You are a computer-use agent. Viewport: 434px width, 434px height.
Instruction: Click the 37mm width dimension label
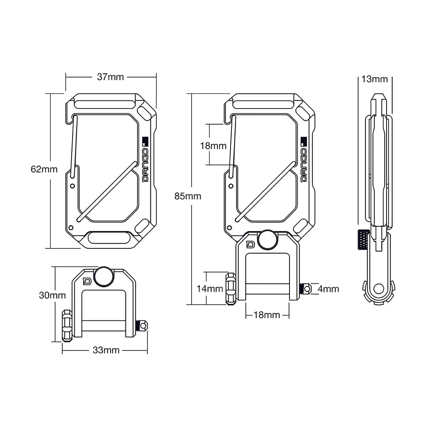[110, 77]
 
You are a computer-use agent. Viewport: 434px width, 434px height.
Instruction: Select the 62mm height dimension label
[44, 169]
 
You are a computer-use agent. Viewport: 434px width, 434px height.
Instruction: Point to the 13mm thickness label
[374, 79]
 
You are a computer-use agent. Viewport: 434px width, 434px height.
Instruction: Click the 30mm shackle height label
[52, 295]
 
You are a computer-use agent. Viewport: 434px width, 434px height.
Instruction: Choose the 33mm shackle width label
[106, 350]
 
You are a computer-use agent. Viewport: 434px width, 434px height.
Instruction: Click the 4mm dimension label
[328, 289]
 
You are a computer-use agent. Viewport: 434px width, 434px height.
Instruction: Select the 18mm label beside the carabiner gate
[213, 146]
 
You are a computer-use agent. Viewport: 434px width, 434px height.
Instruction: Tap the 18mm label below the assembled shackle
[267, 315]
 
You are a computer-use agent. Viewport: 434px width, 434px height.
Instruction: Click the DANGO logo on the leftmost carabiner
[145, 160]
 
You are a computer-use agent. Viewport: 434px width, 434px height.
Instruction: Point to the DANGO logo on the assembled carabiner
[303, 160]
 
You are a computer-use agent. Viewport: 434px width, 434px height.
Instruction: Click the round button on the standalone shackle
[104, 276]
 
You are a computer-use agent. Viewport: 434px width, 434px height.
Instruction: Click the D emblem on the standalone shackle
[87, 281]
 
